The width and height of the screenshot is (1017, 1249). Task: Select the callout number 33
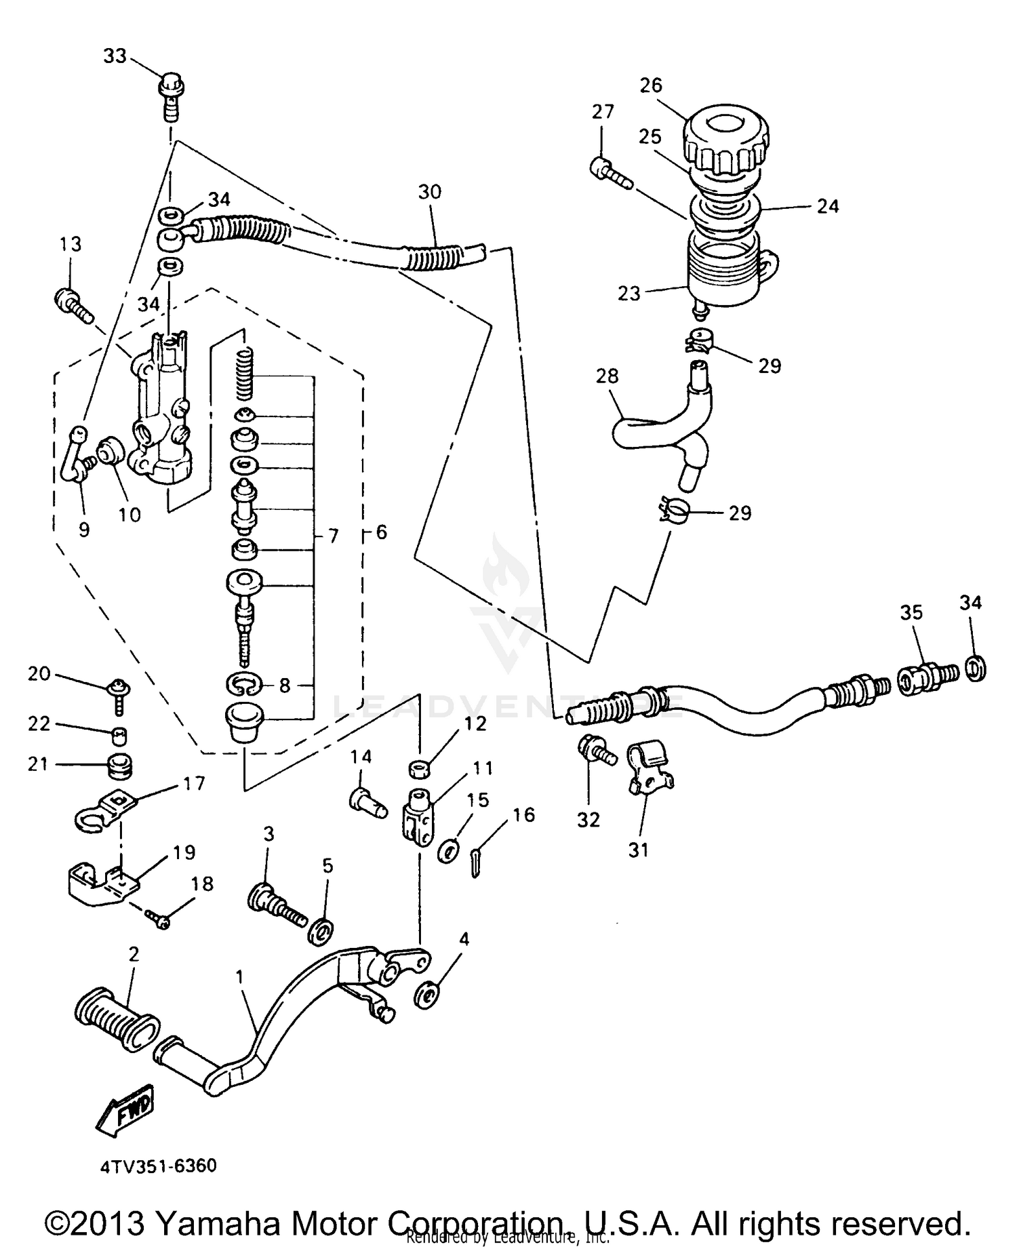tap(115, 56)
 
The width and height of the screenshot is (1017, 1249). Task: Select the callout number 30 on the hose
tap(430, 192)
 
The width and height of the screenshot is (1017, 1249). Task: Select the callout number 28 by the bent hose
tap(607, 376)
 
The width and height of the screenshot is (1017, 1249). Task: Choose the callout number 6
tap(382, 532)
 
